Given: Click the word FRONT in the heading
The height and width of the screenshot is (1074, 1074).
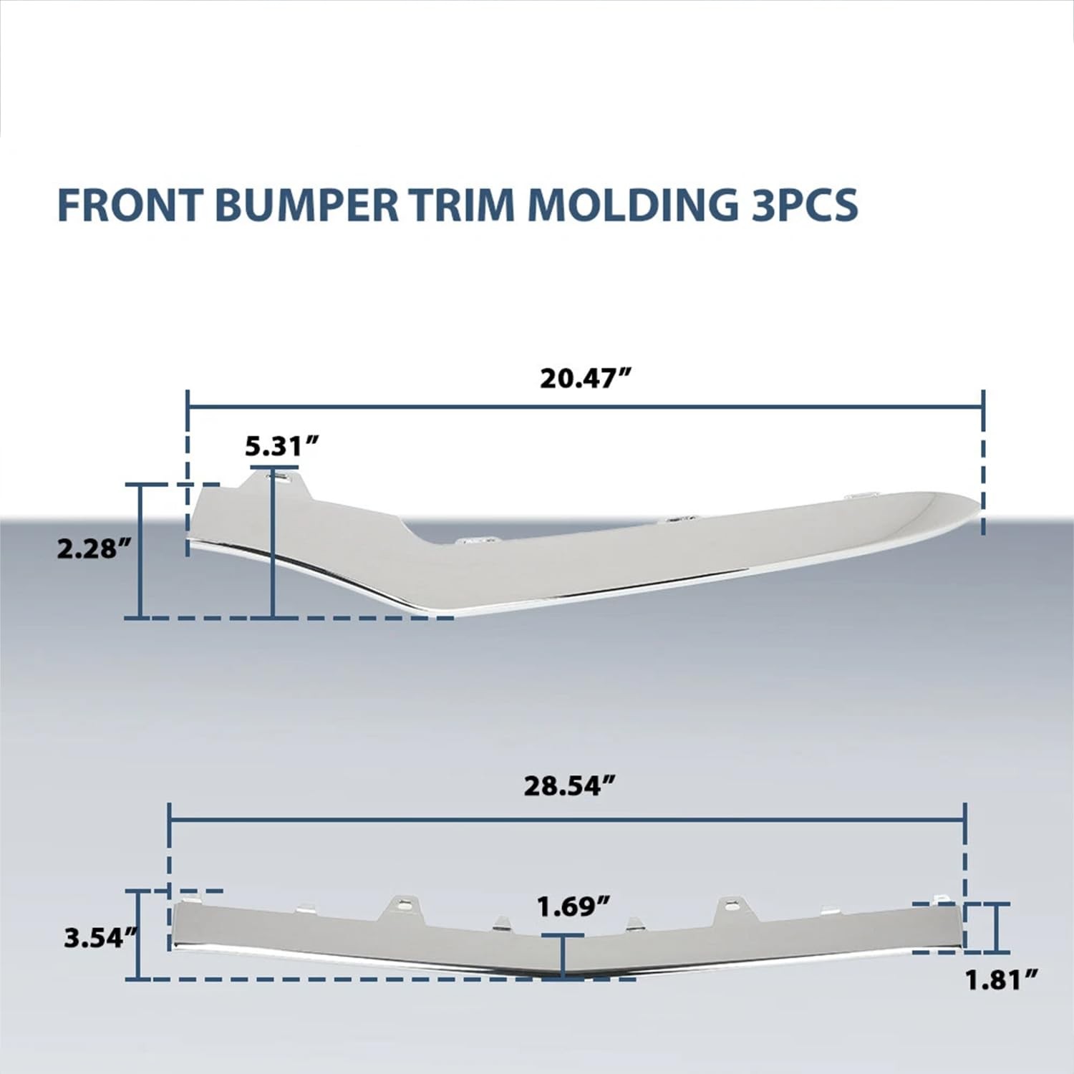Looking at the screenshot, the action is point(129,205).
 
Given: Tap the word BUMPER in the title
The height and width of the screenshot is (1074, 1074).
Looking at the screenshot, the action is point(306,205).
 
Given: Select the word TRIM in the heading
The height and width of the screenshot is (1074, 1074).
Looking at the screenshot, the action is point(463,205).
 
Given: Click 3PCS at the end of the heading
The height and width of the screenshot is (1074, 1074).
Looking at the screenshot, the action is point(804,205).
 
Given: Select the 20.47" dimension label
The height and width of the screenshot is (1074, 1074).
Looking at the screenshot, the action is point(588,378).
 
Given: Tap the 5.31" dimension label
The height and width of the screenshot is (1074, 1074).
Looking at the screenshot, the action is point(281,447).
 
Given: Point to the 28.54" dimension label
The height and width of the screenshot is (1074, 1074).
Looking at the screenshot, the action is point(570,786).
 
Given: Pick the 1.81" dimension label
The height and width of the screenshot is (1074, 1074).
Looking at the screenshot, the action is point(1002,980).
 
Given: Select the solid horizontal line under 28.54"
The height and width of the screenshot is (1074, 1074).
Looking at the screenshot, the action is point(568,818).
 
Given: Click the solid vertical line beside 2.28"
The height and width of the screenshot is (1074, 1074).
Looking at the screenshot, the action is point(141,551).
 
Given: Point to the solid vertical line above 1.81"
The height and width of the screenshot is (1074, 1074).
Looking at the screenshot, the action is point(995,928).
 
